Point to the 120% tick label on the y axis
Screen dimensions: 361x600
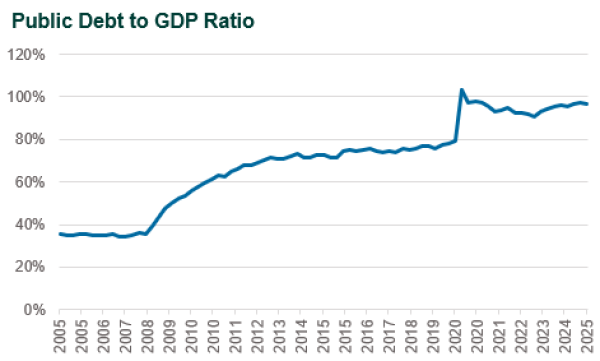(x=28, y=54)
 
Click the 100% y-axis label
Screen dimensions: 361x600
(x=28, y=97)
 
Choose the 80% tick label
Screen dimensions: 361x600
(x=31, y=139)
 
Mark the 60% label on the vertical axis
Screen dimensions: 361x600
(x=31, y=182)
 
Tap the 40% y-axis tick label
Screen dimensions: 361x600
(x=31, y=224)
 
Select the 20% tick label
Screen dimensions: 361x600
(x=31, y=267)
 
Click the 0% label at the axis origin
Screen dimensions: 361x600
(x=35, y=309)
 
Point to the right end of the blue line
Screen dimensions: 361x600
(x=587, y=104)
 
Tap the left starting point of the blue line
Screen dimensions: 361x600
(x=60, y=234)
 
